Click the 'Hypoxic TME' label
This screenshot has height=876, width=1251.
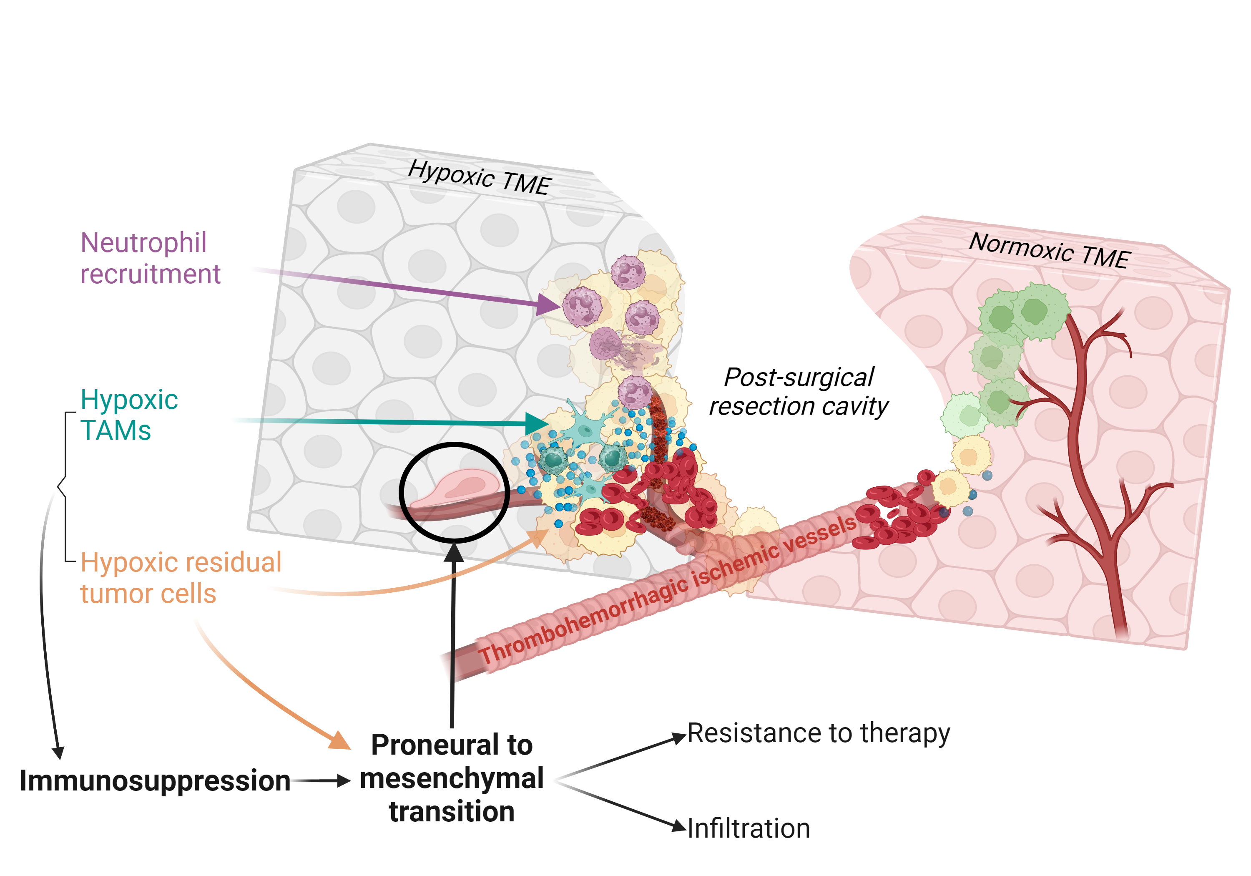point(480,177)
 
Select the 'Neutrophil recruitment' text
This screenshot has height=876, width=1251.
point(150,258)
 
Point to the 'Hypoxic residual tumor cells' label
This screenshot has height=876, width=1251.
point(180,577)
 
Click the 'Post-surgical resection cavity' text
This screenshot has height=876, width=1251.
point(798,391)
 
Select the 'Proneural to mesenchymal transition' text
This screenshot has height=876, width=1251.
point(452,778)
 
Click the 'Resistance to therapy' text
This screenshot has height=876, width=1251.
point(819,733)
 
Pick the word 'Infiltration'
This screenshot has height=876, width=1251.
point(749,828)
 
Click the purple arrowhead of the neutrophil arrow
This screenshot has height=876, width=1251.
point(548,304)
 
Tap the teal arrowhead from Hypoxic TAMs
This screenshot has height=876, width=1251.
point(537,423)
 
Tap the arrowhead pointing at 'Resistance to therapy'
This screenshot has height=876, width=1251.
point(678,738)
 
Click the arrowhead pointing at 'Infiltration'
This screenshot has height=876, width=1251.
point(678,826)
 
